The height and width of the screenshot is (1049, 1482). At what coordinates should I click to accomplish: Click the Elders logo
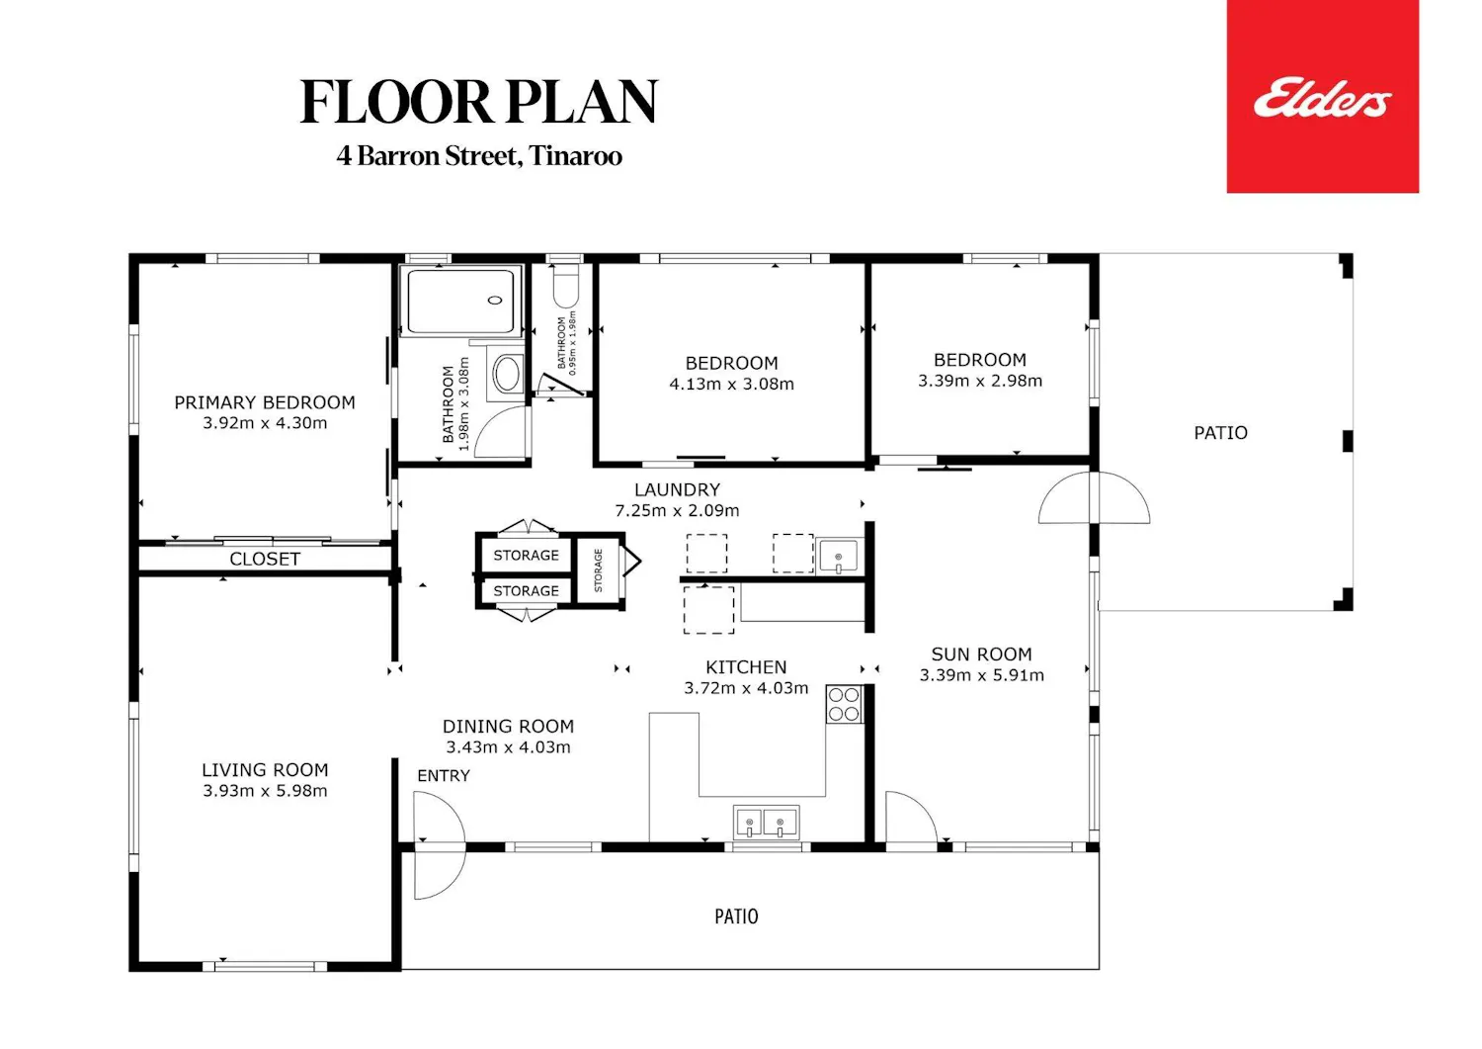(x=1322, y=97)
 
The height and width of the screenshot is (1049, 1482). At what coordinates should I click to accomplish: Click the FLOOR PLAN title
(x=478, y=102)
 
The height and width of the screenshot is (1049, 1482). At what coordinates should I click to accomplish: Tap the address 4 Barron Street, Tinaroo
(x=479, y=156)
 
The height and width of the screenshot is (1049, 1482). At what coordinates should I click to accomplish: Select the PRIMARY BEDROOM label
(x=265, y=402)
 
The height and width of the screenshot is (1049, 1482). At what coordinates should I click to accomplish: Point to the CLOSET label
(x=265, y=559)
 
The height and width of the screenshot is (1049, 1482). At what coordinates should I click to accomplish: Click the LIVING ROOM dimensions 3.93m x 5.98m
(x=265, y=790)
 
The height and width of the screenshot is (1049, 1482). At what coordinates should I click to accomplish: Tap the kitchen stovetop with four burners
(x=844, y=704)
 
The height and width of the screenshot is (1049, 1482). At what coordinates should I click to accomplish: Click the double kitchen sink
(x=766, y=823)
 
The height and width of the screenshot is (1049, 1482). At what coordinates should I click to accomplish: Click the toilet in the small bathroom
(x=566, y=286)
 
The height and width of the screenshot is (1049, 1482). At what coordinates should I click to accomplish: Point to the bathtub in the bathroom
(x=460, y=302)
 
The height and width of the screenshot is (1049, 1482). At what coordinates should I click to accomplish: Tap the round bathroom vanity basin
(x=507, y=374)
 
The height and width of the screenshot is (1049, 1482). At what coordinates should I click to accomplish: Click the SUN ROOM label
(x=982, y=655)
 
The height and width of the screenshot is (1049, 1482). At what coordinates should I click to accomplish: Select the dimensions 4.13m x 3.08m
(x=731, y=384)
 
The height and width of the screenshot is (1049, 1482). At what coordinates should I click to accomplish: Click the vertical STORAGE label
(x=598, y=569)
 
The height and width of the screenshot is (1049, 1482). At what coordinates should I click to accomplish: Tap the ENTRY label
(x=444, y=775)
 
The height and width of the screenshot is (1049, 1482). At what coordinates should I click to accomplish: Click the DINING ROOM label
(x=508, y=726)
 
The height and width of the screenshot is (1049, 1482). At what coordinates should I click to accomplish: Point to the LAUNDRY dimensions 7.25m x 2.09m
(x=677, y=510)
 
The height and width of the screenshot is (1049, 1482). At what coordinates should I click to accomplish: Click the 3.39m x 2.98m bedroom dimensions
(x=980, y=381)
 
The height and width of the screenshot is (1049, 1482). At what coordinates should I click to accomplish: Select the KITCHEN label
(x=746, y=667)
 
